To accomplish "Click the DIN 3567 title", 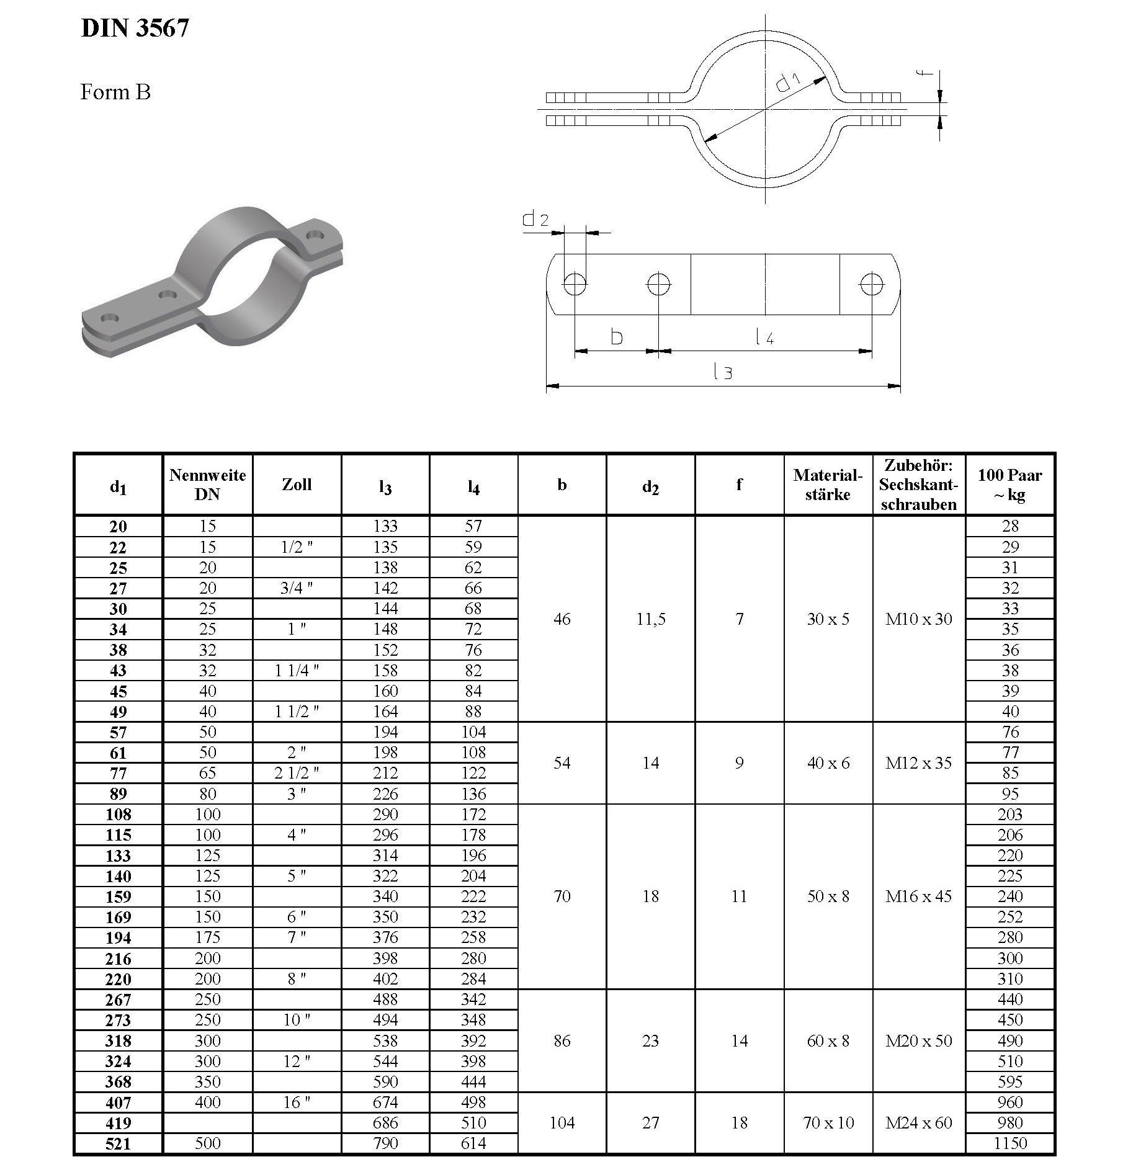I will pyautogui.click(x=135, y=28).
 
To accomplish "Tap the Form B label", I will pyautogui.click(x=115, y=92).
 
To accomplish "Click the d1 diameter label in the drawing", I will pyautogui.click(x=789, y=81).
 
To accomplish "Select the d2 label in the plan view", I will pyautogui.click(x=535, y=218).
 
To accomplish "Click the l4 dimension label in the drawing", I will pyautogui.click(x=764, y=337).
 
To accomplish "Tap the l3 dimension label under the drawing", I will pyautogui.click(x=723, y=372).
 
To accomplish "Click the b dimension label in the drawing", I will pyautogui.click(x=616, y=337).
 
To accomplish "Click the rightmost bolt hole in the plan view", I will pyautogui.click(x=871, y=285).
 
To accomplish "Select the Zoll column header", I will pyautogui.click(x=297, y=485).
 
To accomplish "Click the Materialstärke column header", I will pyautogui.click(x=828, y=485).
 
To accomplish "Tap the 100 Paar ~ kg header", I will pyautogui.click(x=1009, y=485).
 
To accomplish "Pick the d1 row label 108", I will pyautogui.click(x=118, y=815).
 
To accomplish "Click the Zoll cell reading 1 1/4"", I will pyautogui.click(x=297, y=671).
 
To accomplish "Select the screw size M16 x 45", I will pyautogui.click(x=918, y=896).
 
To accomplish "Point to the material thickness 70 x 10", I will pyautogui.click(x=828, y=1123).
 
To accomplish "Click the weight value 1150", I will pyautogui.click(x=1009, y=1143).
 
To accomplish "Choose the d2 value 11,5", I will pyautogui.click(x=650, y=619).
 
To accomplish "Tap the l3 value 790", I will pyautogui.click(x=385, y=1143).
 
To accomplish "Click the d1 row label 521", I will pyautogui.click(x=118, y=1143).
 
